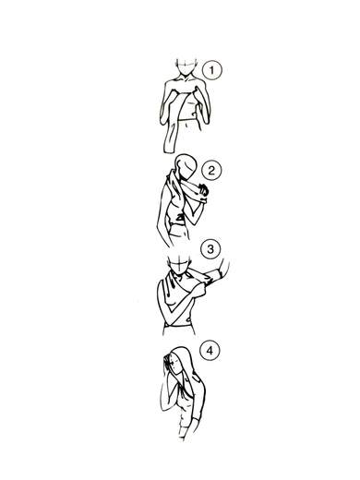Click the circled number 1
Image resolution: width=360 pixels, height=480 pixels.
coord(211,70)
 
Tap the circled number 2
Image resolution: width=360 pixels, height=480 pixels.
coord(211,170)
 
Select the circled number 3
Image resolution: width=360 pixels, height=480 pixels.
coord(210,248)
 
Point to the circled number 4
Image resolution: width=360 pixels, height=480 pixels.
coord(210,351)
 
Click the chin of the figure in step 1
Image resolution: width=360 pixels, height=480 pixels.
coord(185,75)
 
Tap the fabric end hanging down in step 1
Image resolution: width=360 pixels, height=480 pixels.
coord(170,138)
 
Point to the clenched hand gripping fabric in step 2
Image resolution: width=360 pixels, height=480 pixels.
coord(203,191)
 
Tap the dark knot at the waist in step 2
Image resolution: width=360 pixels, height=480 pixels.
coord(180,219)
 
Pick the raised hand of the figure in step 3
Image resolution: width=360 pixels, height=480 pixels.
coord(224,267)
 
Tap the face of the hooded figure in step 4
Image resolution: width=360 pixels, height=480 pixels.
coord(174,366)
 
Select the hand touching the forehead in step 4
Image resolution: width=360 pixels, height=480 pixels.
coord(166,363)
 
